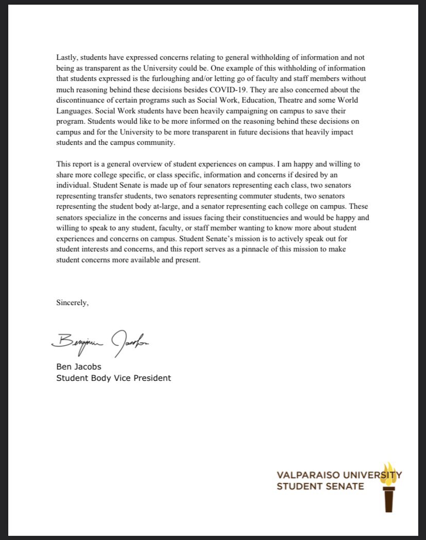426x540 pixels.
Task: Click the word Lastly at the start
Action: [66, 58]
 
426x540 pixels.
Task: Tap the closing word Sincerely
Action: [73, 303]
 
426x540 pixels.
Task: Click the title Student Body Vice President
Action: [113, 378]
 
